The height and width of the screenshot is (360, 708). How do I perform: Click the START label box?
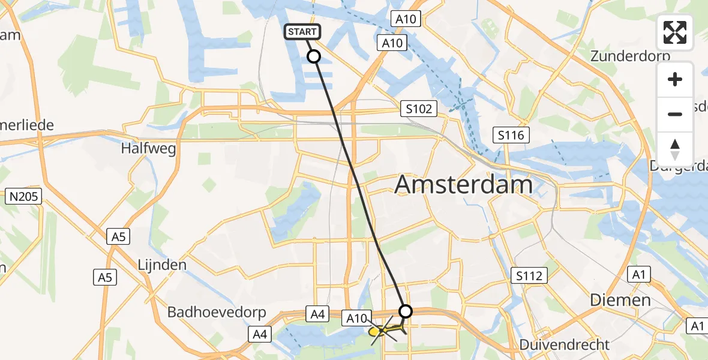302,32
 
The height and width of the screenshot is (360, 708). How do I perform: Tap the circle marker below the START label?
314,56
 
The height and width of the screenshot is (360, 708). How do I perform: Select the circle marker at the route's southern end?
406,311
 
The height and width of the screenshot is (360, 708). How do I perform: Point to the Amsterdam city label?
463,185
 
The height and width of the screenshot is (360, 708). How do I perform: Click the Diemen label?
620,300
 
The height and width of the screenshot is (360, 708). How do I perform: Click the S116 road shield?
511,135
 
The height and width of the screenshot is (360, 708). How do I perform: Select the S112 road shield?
529,276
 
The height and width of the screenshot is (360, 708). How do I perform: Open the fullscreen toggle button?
675,32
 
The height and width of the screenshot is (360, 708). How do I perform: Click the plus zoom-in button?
675,79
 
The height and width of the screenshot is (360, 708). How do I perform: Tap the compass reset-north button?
675,149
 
